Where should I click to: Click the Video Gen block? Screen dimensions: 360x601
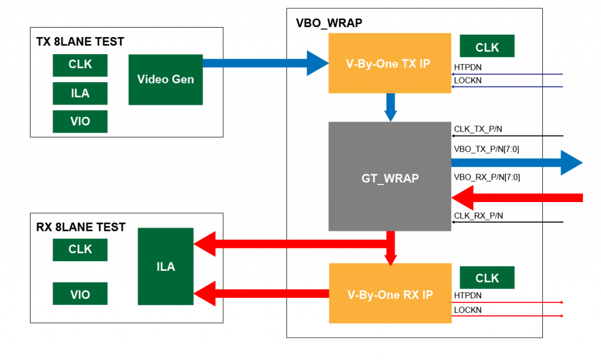tap(166, 80)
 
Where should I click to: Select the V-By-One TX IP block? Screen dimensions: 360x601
tap(389, 63)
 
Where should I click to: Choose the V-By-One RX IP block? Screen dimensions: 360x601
tap(390, 293)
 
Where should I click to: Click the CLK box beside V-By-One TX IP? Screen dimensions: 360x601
tap(487, 46)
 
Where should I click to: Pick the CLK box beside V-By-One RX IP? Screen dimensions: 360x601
tap(487, 278)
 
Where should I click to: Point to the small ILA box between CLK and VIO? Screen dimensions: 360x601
tap(80, 93)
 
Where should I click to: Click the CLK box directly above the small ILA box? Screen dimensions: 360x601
tap(80, 65)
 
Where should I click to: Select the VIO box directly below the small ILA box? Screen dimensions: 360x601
tap(80, 122)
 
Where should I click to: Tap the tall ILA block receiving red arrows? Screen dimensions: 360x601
tap(166, 267)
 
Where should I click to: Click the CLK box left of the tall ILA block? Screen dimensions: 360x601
tap(80, 250)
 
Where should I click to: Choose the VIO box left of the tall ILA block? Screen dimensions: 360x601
tap(80, 294)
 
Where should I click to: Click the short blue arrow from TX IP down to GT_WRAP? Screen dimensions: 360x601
tap(390, 107)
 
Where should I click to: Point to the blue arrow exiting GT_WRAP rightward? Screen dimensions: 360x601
tap(516, 163)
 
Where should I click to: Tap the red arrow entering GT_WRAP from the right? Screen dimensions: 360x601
tap(516, 198)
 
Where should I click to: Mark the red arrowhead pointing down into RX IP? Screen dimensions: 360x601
tap(390, 258)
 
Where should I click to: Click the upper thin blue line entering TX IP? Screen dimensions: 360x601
tap(508, 75)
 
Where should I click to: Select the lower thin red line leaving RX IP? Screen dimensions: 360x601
tap(508, 316)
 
